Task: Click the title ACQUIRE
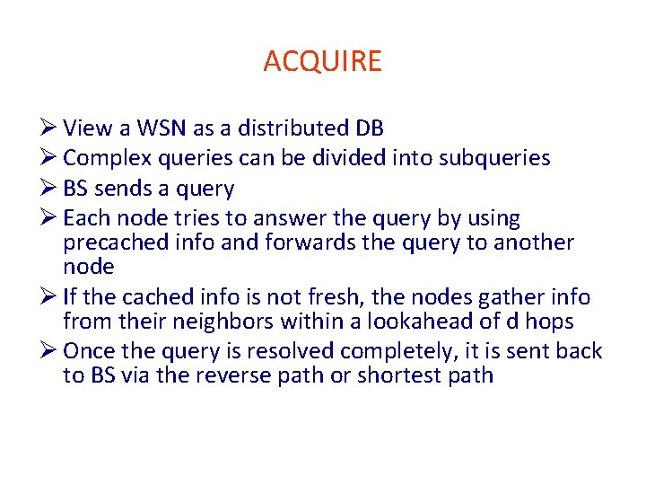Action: pos(322,61)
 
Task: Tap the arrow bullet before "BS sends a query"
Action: pos(49,189)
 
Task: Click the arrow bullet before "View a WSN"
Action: pos(49,128)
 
